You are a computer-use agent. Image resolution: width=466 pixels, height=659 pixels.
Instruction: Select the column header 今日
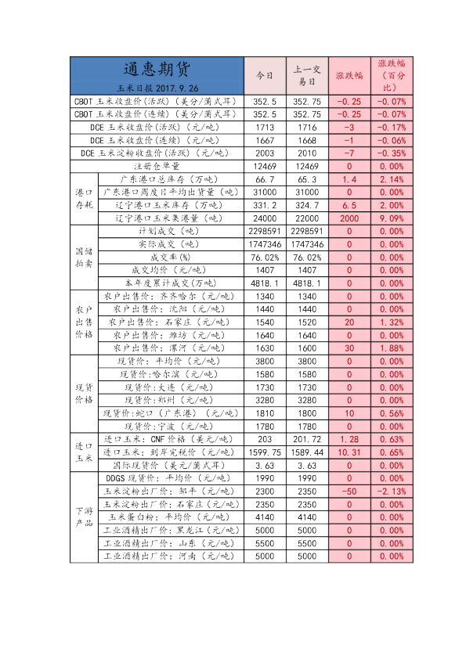click(x=265, y=76)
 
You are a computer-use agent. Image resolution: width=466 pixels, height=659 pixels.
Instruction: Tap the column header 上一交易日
click(x=306, y=76)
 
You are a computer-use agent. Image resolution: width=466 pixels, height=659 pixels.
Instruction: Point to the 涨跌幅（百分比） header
click(x=392, y=76)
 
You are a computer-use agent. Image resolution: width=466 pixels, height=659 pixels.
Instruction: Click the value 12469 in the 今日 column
click(x=265, y=167)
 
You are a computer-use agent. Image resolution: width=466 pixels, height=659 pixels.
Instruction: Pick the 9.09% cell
click(x=392, y=218)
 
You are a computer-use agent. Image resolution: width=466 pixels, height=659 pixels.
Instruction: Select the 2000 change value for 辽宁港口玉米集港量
click(x=349, y=218)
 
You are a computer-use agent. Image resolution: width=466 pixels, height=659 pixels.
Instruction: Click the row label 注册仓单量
click(x=157, y=167)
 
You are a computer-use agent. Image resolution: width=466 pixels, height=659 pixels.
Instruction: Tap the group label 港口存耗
click(x=83, y=199)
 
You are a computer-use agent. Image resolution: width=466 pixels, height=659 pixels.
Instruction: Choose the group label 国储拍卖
click(x=83, y=257)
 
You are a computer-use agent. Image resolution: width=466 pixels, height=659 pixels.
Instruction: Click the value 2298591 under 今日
click(x=265, y=232)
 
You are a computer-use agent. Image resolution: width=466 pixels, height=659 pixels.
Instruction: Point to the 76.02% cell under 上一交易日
click(x=306, y=257)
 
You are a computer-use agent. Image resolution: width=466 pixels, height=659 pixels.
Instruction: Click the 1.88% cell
click(x=392, y=348)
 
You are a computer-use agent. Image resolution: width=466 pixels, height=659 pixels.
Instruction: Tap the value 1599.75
click(x=265, y=452)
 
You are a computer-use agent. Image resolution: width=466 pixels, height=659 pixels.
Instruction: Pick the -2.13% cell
click(x=392, y=492)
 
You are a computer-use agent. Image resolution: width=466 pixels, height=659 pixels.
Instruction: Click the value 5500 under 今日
click(x=265, y=543)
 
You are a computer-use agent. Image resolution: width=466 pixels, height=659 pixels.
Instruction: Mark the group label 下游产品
click(x=83, y=517)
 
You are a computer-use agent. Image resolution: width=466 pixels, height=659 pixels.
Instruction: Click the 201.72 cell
click(x=306, y=439)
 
